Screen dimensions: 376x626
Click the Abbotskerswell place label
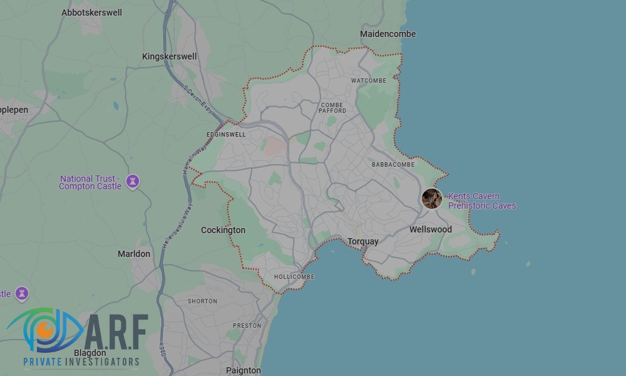click(91, 13)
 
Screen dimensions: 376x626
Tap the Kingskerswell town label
click(169, 56)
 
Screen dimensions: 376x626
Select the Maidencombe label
click(387, 34)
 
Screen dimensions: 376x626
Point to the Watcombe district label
click(368, 81)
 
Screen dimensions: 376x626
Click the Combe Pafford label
click(332, 108)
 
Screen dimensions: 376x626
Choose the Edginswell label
click(226, 135)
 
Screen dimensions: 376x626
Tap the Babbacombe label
click(393, 165)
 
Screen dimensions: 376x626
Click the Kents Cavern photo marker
click(431, 199)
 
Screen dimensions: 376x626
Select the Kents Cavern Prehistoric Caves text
click(481, 201)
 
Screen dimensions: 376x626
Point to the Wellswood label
click(430, 229)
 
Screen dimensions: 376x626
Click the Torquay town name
click(363, 241)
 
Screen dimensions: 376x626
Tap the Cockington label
click(223, 230)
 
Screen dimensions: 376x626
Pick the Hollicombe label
click(294, 277)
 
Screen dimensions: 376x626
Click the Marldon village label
click(134, 254)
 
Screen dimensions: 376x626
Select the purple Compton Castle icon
click(132, 181)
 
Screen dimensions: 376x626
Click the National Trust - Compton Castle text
click(91, 182)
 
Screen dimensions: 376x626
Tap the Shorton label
click(202, 301)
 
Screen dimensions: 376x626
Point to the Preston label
click(247, 326)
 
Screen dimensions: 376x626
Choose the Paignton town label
click(243, 370)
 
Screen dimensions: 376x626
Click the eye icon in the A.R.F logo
click(45, 329)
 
